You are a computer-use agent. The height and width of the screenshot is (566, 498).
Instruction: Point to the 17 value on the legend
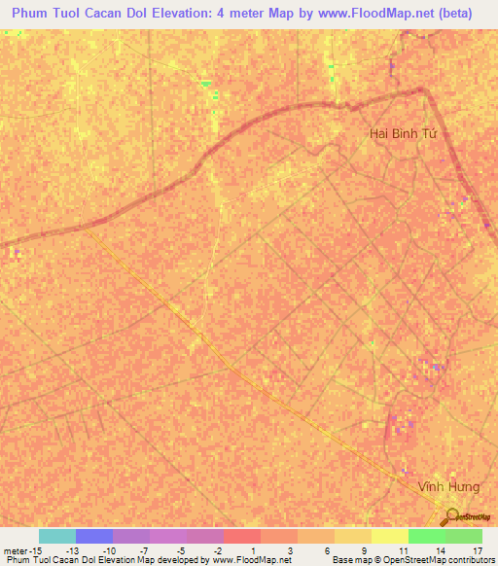coord(477,550)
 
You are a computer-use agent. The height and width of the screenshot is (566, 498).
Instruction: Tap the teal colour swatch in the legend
coord(56,536)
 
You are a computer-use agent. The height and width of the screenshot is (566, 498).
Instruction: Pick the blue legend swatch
coord(93,536)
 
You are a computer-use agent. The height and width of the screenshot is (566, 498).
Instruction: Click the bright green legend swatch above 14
coord(426,536)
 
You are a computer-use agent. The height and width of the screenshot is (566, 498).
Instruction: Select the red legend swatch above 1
coord(241,536)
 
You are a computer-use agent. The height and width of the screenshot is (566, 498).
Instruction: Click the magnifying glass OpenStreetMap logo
coord(451,517)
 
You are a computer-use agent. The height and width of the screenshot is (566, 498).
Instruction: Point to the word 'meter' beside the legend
coord(16,550)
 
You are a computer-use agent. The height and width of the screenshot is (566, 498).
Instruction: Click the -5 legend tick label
coord(182,550)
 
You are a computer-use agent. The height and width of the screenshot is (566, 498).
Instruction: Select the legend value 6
coord(329,550)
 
